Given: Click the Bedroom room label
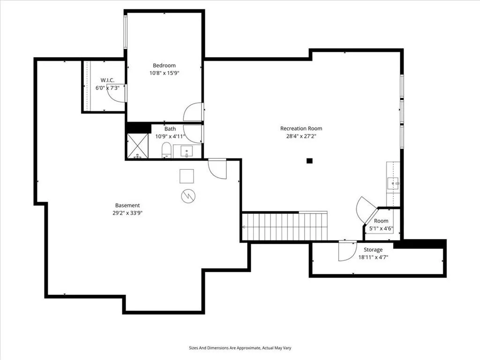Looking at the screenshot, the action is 165,66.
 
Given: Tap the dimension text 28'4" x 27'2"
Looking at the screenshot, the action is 301,136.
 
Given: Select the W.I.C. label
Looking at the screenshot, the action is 107,80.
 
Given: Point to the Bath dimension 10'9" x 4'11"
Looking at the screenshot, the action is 171,136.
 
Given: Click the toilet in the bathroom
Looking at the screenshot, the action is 166,150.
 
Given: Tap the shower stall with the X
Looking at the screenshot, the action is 137,146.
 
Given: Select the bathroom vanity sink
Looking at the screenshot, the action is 187,151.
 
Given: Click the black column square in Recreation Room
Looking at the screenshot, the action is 309,161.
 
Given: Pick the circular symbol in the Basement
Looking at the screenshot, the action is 188,196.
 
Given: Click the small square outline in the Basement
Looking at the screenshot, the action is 187,176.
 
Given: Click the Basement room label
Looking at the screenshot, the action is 127,205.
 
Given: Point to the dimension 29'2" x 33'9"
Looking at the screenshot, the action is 127,213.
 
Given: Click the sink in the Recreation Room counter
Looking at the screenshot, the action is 393,184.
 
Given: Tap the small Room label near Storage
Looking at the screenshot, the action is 381,221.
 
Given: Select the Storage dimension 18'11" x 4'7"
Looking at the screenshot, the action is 373,257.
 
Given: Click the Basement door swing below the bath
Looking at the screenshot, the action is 217,169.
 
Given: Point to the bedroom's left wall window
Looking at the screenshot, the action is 125,31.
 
